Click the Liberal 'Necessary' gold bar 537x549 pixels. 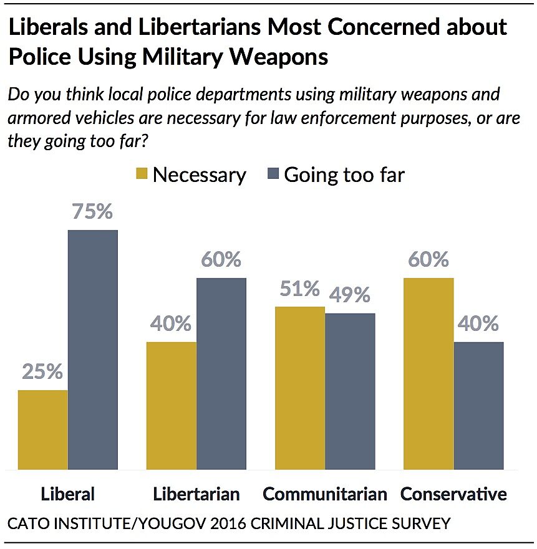pyautogui.click(x=43, y=429)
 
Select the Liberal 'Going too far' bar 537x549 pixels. pyautogui.click(x=93, y=349)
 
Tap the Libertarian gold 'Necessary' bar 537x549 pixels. pyautogui.click(x=172, y=405)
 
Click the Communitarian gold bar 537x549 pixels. pyautogui.click(x=301, y=388)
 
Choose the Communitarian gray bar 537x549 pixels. pyautogui.click(x=351, y=391)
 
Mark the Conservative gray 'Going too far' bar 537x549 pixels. pyautogui.click(x=479, y=405)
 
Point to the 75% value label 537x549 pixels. pyautogui.click(x=92, y=212)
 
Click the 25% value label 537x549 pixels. pyautogui.click(x=42, y=372)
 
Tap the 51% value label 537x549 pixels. pyautogui.click(x=299, y=289)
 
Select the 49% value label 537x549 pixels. pyautogui.click(x=350, y=295)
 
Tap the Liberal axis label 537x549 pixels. pyautogui.click(x=68, y=494)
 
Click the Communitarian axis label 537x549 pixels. pyautogui.click(x=325, y=494)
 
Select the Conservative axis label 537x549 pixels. pyautogui.click(x=453, y=494)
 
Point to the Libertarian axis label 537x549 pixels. pyautogui.click(x=196, y=494)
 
